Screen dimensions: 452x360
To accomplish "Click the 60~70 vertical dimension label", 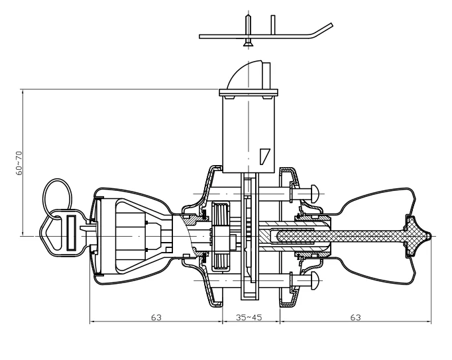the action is pos(19,163).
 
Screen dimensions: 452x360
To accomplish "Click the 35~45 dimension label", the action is pos(249,318).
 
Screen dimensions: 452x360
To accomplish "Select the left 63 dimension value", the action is pos(156,318).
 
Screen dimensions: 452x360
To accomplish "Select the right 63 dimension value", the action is pos(355,318).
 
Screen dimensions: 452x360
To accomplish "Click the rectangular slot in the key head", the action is pos(71,233).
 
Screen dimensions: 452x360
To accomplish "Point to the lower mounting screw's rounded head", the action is pos(314,280).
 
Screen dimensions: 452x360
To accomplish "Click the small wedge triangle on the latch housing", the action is pos(264,156).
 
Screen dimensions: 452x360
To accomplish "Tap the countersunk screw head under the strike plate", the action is pos(248,44).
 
